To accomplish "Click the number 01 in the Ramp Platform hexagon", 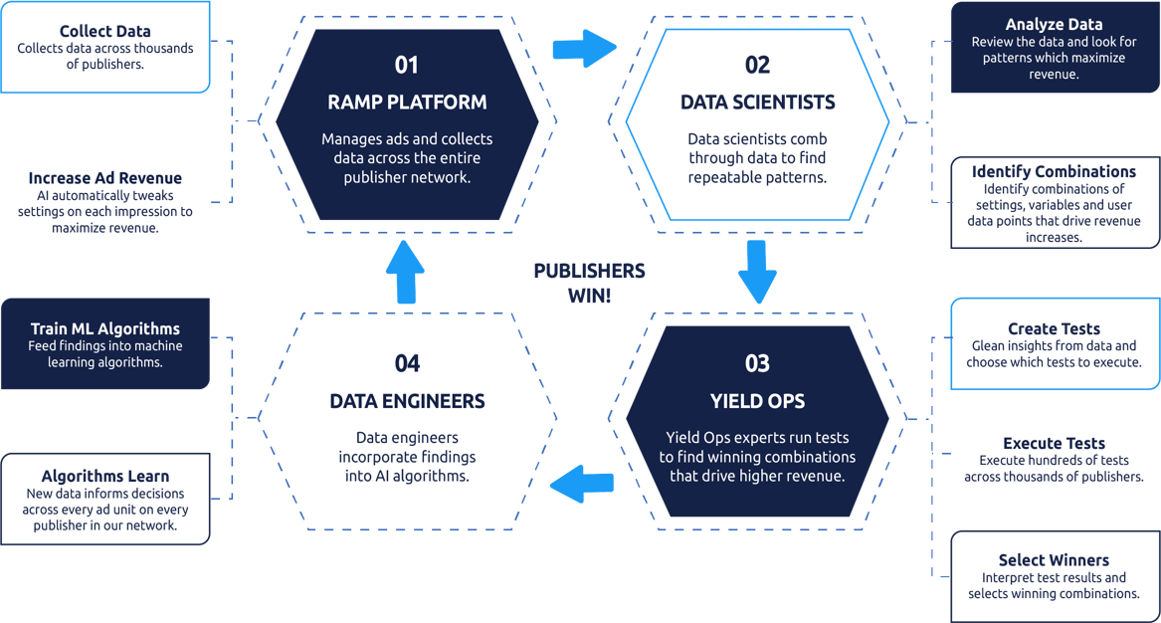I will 407,66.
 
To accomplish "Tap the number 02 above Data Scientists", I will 757,66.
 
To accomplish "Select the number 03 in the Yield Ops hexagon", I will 757,363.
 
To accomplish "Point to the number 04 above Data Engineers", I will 407,363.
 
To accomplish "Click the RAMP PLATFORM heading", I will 407,103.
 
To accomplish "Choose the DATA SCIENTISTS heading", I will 757,103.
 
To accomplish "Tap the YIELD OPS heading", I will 757,401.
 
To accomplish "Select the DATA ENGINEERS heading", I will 407,401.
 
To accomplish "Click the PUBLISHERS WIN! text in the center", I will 589,283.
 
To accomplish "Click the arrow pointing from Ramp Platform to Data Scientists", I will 584,47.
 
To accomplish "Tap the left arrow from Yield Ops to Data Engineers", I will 582,485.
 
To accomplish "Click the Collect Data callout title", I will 105,32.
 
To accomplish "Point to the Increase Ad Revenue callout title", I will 105,178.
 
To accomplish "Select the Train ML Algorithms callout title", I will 105,328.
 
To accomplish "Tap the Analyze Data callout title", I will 1054,24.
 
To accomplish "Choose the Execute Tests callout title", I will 1054,443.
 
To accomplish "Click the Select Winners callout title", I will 1054,560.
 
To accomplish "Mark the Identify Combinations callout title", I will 1054,172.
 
